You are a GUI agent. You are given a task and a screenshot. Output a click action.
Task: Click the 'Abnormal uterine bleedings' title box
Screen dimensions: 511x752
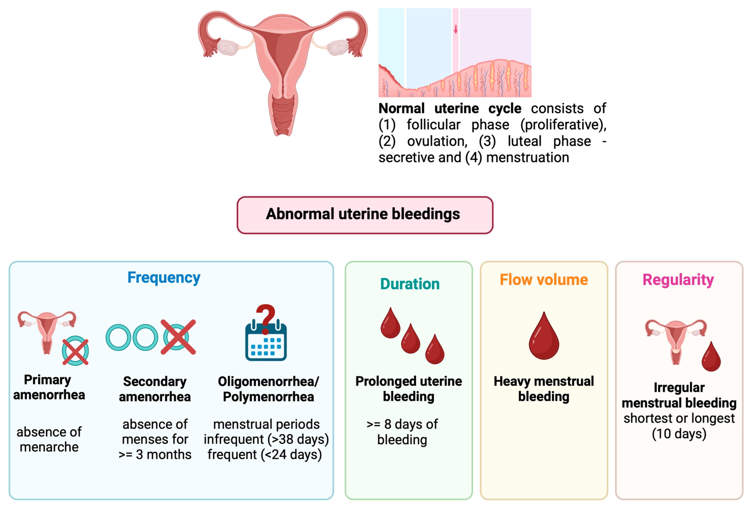(365, 215)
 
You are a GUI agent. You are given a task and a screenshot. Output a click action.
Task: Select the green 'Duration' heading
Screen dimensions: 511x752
(410, 284)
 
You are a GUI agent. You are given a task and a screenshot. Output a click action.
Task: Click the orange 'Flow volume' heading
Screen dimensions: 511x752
(544, 280)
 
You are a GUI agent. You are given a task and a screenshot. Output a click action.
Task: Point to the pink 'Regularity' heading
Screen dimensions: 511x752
(678, 280)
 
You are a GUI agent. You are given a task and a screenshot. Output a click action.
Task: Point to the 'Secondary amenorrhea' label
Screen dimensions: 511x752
(155, 389)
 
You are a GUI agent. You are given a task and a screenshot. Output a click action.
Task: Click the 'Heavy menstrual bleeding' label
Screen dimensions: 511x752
(544, 389)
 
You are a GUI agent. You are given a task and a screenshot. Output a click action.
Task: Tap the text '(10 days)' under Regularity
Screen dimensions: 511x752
(679, 434)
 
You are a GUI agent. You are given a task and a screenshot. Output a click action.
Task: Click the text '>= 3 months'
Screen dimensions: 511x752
(155, 454)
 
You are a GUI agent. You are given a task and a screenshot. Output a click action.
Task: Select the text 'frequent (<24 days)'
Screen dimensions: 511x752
(265, 454)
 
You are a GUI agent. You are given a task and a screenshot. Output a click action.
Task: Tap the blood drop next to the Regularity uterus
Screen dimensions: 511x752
(711, 357)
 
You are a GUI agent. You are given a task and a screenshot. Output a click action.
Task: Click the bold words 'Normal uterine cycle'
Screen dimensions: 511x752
(450, 108)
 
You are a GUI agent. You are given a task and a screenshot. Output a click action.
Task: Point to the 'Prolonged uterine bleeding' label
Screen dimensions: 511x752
(409, 389)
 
